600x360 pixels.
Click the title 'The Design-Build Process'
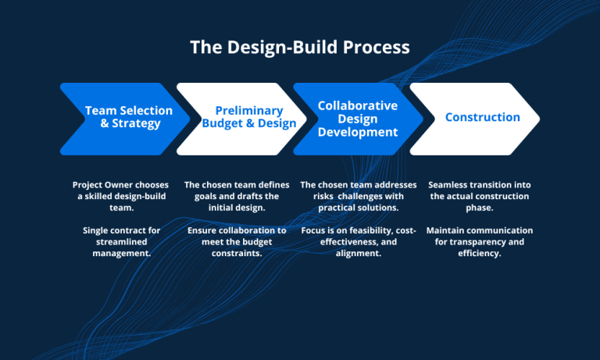(300, 47)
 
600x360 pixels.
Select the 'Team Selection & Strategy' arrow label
(123, 117)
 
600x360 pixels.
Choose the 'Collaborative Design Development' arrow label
(358, 119)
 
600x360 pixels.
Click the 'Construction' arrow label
(482, 117)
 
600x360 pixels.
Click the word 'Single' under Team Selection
(98, 230)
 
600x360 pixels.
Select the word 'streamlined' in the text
(120, 242)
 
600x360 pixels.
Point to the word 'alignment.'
(358, 254)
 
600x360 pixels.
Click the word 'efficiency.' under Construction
(480, 254)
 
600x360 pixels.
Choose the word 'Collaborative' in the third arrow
(358, 105)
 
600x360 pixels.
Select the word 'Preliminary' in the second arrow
(248, 111)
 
